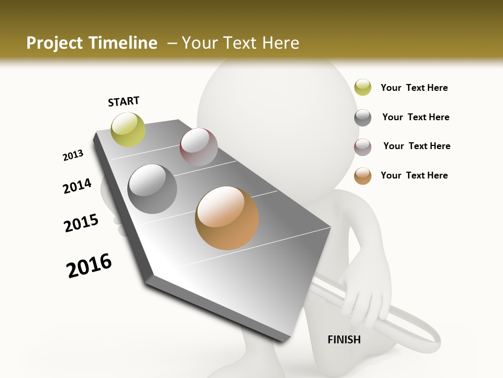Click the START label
(x=124, y=101)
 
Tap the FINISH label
(x=344, y=340)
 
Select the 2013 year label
(x=73, y=155)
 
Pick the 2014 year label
(x=77, y=186)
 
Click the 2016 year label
(x=89, y=265)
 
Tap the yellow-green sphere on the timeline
(x=128, y=129)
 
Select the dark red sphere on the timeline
(x=199, y=147)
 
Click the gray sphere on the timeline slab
(x=152, y=189)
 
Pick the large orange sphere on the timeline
(x=227, y=218)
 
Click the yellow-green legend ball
(x=363, y=88)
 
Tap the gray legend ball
(x=363, y=118)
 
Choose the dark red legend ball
(x=363, y=147)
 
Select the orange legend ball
(x=363, y=176)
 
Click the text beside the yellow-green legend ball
(x=414, y=88)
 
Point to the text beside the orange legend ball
(x=414, y=175)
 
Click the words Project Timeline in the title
(x=92, y=43)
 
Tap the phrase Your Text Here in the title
(x=240, y=43)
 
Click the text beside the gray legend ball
(x=415, y=117)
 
